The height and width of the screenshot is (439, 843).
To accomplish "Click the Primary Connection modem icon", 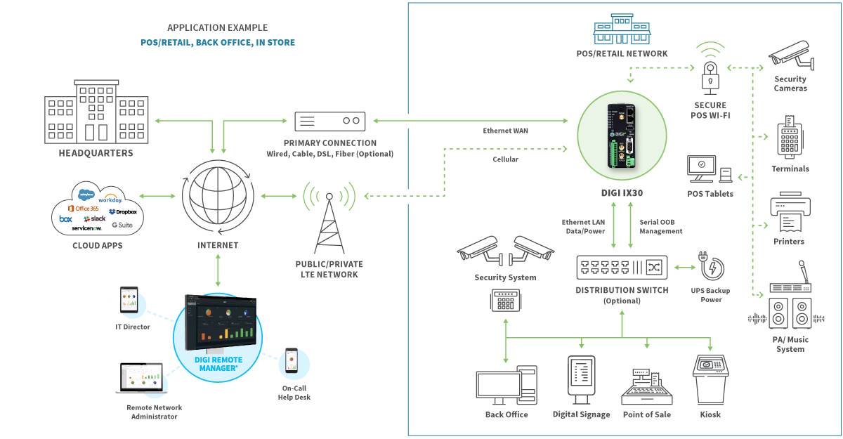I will tap(330, 121).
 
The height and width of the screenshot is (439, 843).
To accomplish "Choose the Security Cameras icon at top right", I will tap(792, 58).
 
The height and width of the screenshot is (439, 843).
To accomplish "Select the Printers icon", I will tap(790, 214).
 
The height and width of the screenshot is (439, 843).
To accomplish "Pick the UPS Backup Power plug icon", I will tap(710, 268).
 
